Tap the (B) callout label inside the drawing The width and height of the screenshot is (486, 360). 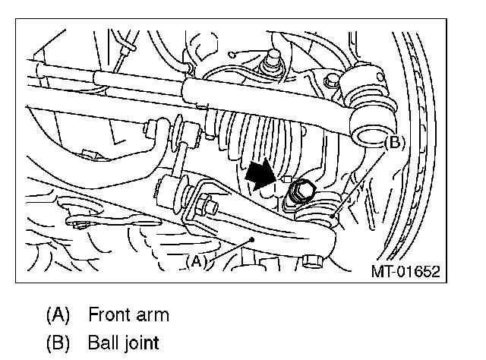pyautogui.click(x=395, y=142)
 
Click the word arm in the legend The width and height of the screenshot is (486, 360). pyautogui.click(x=152, y=314)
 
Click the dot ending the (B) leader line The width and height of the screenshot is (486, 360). pyautogui.click(x=335, y=217)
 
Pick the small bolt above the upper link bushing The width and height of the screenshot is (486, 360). pyautogui.click(x=330, y=82)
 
